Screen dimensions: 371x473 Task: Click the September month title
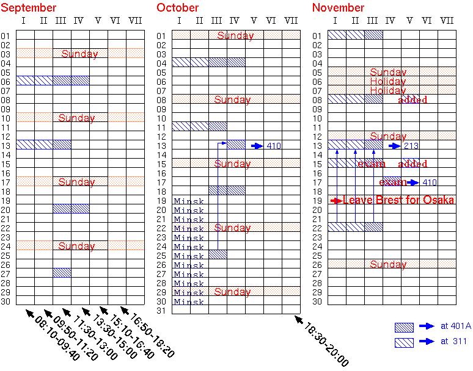tap(29, 8)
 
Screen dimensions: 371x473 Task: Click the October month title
tap(178, 8)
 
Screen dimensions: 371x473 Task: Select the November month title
tap(338, 8)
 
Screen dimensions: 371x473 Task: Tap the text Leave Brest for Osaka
tap(398, 200)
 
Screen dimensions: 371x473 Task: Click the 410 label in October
tap(274, 146)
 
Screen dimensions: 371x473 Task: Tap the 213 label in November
tap(411, 146)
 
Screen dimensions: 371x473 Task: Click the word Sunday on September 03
tap(79, 54)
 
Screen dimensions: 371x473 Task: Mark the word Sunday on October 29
tap(232, 292)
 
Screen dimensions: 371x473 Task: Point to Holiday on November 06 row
tap(387, 81)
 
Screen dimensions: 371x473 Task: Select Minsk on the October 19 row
tap(189, 201)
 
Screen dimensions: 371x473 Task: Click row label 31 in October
tap(162, 311)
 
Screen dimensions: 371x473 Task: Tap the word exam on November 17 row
tap(393, 182)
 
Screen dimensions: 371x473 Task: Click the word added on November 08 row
tap(413, 100)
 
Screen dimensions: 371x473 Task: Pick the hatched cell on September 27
tap(62, 273)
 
